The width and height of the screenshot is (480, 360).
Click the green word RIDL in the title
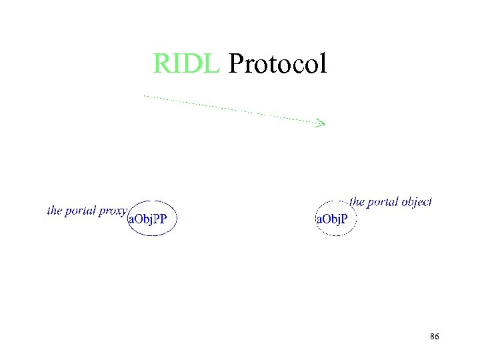click(x=186, y=64)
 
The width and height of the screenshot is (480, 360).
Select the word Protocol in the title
click(x=277, y=64)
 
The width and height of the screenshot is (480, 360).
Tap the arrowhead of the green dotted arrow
click(x=322, y=123)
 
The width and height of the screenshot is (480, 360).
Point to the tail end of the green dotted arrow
click(x=145, y=97)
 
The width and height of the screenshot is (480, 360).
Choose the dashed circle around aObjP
click(x=335, y=235)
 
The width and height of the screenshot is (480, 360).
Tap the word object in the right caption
click(x=415, y=202)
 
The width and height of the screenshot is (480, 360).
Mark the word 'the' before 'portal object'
click(x=357, y=201)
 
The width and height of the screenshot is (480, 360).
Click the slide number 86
click(x=434, y=337)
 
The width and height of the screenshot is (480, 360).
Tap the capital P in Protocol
click(x=236, y=64)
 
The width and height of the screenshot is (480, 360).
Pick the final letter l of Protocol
click(x=323, y=63)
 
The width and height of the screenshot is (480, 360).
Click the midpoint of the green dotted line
click(x=233, y=109)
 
